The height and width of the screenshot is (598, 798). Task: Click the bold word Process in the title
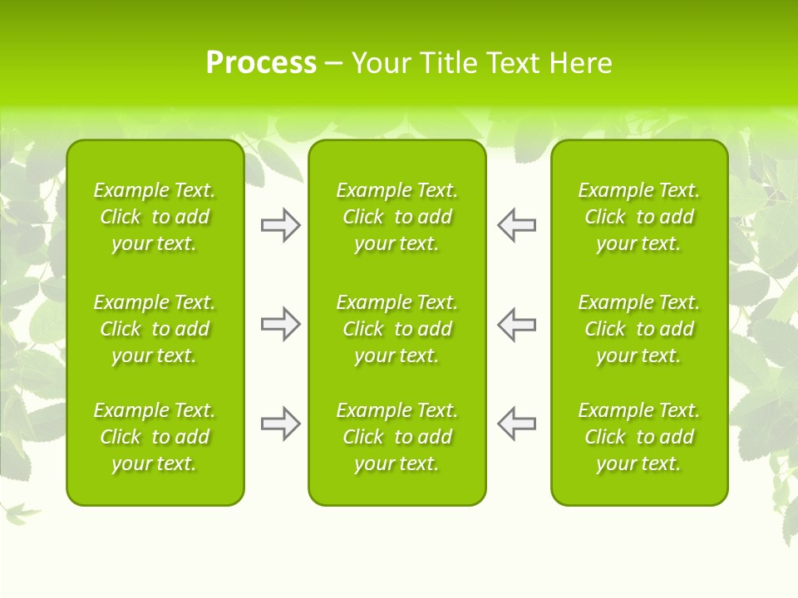[x=261, y=62]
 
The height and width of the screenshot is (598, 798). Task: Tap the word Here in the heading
[x=581, y=62]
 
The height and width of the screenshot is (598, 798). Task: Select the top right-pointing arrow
[x=280, y=225]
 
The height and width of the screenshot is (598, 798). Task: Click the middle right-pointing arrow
[x=280, y=324]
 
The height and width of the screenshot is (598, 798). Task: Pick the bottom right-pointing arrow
[x=280, y=424]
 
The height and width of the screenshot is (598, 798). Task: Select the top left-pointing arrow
[x=516, y=225]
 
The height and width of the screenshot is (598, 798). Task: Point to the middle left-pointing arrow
[x=516, y=324]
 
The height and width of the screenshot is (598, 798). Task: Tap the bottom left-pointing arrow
[x=516, y=424]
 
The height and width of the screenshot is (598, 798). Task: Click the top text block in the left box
[x=155, y=217]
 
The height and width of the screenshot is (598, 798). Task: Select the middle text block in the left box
[x=155, y=329]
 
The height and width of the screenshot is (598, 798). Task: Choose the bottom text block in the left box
[x=155, y=437]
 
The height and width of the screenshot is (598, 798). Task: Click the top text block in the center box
[x=397, y=217]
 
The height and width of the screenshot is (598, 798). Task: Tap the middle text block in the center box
[x=397, y=329]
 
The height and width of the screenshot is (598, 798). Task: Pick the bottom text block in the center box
[x=397, y=437]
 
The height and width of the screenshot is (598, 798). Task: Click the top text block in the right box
[x=639, y=217]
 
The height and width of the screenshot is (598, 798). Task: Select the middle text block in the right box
[x=639, y=329]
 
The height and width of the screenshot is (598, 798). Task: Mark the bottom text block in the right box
[x=639, y=437]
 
